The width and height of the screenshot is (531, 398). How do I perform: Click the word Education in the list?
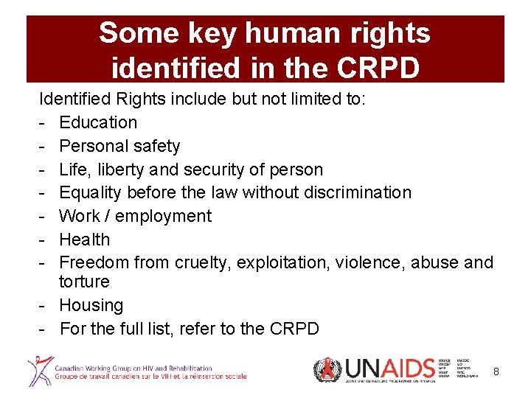[x=98, y=122]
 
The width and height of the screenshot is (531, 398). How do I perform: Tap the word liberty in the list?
[x=122, y=170]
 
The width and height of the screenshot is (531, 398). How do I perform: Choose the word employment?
[x=163, y=217]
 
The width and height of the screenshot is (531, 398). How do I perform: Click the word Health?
[x=84, y=240]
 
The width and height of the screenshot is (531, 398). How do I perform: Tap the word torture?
[x=84, y=282]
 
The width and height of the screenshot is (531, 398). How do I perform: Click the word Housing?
[x=91, y=305]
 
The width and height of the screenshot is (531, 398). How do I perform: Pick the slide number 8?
[x=496, y=372]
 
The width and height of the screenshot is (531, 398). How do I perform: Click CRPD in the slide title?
[x=381, y=67]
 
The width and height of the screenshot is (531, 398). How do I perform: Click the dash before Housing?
[x=44, y=305]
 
